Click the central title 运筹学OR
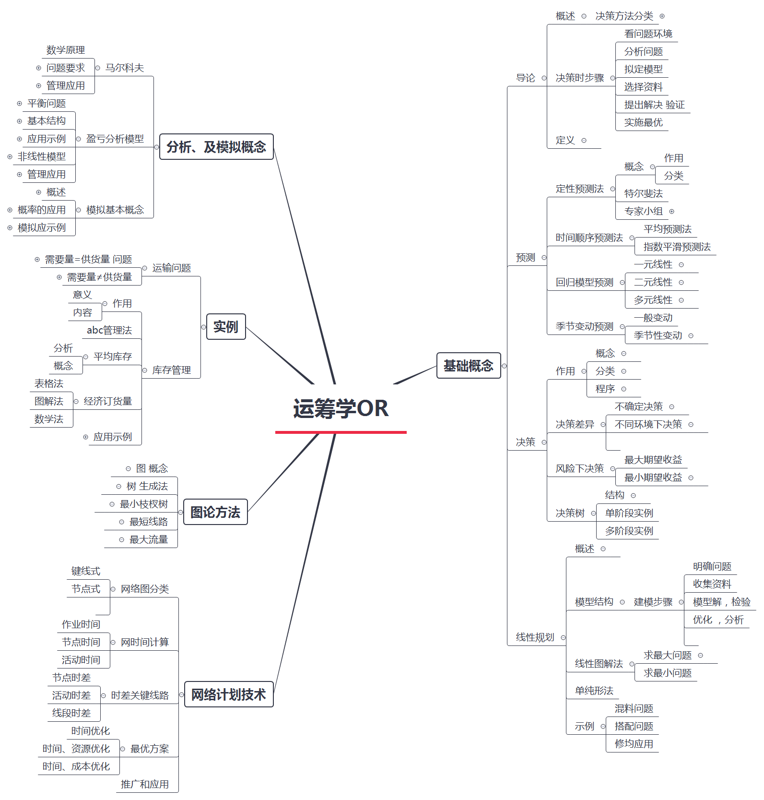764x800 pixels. (341, 408)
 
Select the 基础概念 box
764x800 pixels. (468, 366)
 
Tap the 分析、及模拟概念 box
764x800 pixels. (216, 147)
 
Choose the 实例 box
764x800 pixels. (225, 327)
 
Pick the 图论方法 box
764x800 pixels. (215, 512)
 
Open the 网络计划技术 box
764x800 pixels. (228, 694)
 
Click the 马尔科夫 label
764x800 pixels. (125, 68)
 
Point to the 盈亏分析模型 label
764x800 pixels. (115, 139)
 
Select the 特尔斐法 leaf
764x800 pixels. (643, 193)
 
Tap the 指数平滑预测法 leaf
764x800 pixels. (677, 247)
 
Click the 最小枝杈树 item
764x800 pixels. (144, 504)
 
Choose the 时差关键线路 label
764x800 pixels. (140, 695)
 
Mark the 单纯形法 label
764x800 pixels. (594, 691)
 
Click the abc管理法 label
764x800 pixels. (109, 330)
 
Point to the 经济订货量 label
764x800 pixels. (107, 401)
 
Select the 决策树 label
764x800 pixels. (570, 513)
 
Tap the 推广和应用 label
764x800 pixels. (144, 784)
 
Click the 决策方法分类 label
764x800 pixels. (624, 16)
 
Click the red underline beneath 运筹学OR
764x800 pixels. (341, 432)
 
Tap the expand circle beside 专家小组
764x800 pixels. (671, 211)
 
